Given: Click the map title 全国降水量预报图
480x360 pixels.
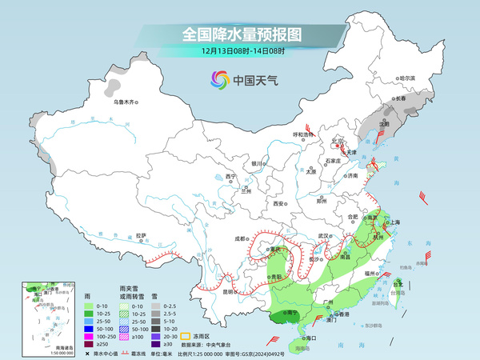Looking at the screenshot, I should (x=240, y=34).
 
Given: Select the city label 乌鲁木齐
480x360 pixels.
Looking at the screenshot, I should (x=125, y=102).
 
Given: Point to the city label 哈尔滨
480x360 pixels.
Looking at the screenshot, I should (x=407, y=78).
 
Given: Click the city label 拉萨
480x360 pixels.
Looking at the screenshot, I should (x=141, y=235).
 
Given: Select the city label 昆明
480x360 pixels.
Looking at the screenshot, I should (x=228, y=292).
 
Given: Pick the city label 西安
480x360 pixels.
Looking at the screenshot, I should (x=279, y=204).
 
